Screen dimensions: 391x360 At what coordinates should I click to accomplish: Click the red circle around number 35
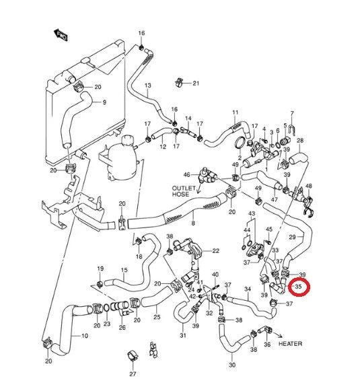click(299, 289)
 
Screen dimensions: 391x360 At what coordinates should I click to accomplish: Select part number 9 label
click(104, 102)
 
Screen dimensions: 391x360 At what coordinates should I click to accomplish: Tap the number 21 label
click(196, 83)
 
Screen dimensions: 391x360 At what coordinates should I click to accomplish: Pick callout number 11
click(236, 112)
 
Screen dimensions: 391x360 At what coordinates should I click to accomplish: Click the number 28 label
click(300, 141)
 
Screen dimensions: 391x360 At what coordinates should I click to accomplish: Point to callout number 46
click(187, 174)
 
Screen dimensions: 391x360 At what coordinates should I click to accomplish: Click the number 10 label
click(85, 336)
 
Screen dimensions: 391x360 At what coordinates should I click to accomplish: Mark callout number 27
click(133, 374)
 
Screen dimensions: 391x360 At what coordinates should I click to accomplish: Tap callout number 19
click(100, 269)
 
